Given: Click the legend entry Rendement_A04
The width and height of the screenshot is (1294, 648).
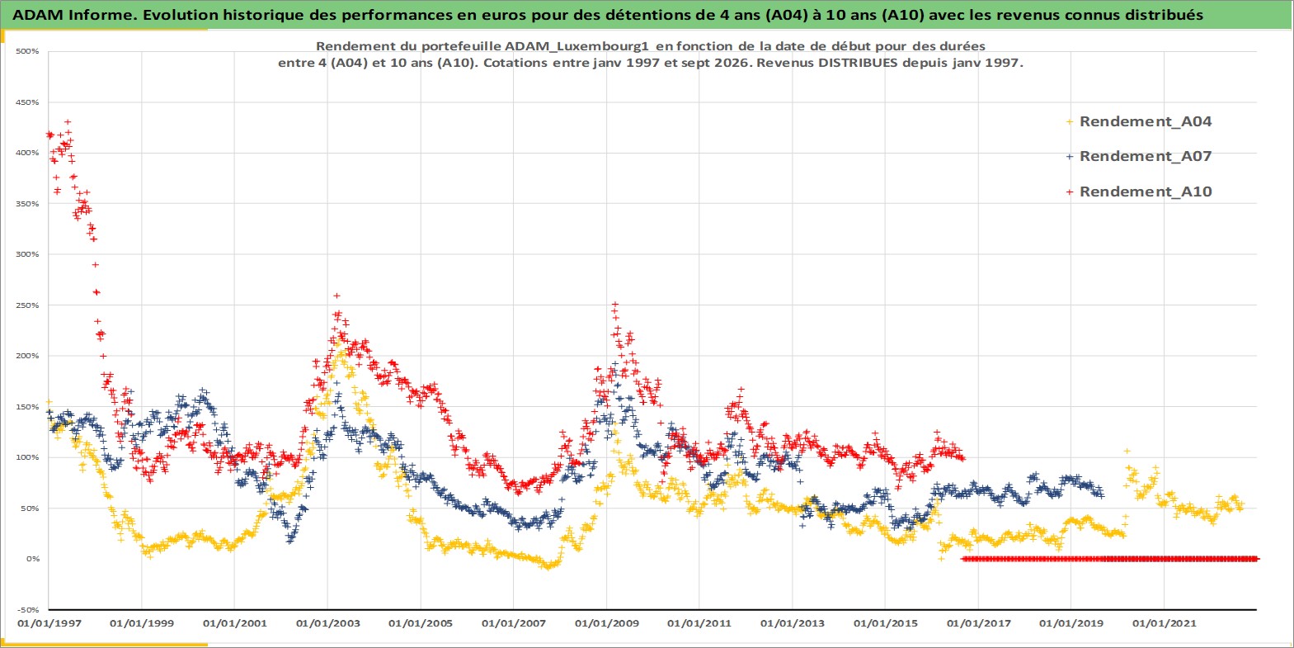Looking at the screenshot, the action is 1145,121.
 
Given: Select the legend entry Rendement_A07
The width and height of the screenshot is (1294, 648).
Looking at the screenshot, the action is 1145,156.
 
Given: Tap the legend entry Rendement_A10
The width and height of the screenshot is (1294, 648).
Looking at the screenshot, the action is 1145,192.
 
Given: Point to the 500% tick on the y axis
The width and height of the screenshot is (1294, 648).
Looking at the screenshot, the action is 28,51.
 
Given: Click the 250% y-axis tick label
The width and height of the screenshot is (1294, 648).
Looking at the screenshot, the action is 28,305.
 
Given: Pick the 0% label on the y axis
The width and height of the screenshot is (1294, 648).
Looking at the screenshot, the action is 32,559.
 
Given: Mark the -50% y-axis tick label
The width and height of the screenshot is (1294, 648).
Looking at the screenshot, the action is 28,610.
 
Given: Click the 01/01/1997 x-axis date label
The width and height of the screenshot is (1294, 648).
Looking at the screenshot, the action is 49,623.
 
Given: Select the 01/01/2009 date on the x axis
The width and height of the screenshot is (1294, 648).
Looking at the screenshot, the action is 606,623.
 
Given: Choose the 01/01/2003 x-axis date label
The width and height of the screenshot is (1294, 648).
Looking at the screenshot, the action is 327,623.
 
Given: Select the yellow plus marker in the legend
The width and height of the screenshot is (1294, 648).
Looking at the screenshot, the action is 1070,122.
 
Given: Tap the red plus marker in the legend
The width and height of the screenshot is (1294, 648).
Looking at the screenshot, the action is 1070,192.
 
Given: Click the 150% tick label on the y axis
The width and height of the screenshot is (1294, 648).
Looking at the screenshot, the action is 28,407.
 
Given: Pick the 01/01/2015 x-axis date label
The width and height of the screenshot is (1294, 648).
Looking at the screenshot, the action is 886,623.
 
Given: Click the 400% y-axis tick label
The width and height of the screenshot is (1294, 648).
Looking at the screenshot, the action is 28,154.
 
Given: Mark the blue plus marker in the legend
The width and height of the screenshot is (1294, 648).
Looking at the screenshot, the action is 1070,157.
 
